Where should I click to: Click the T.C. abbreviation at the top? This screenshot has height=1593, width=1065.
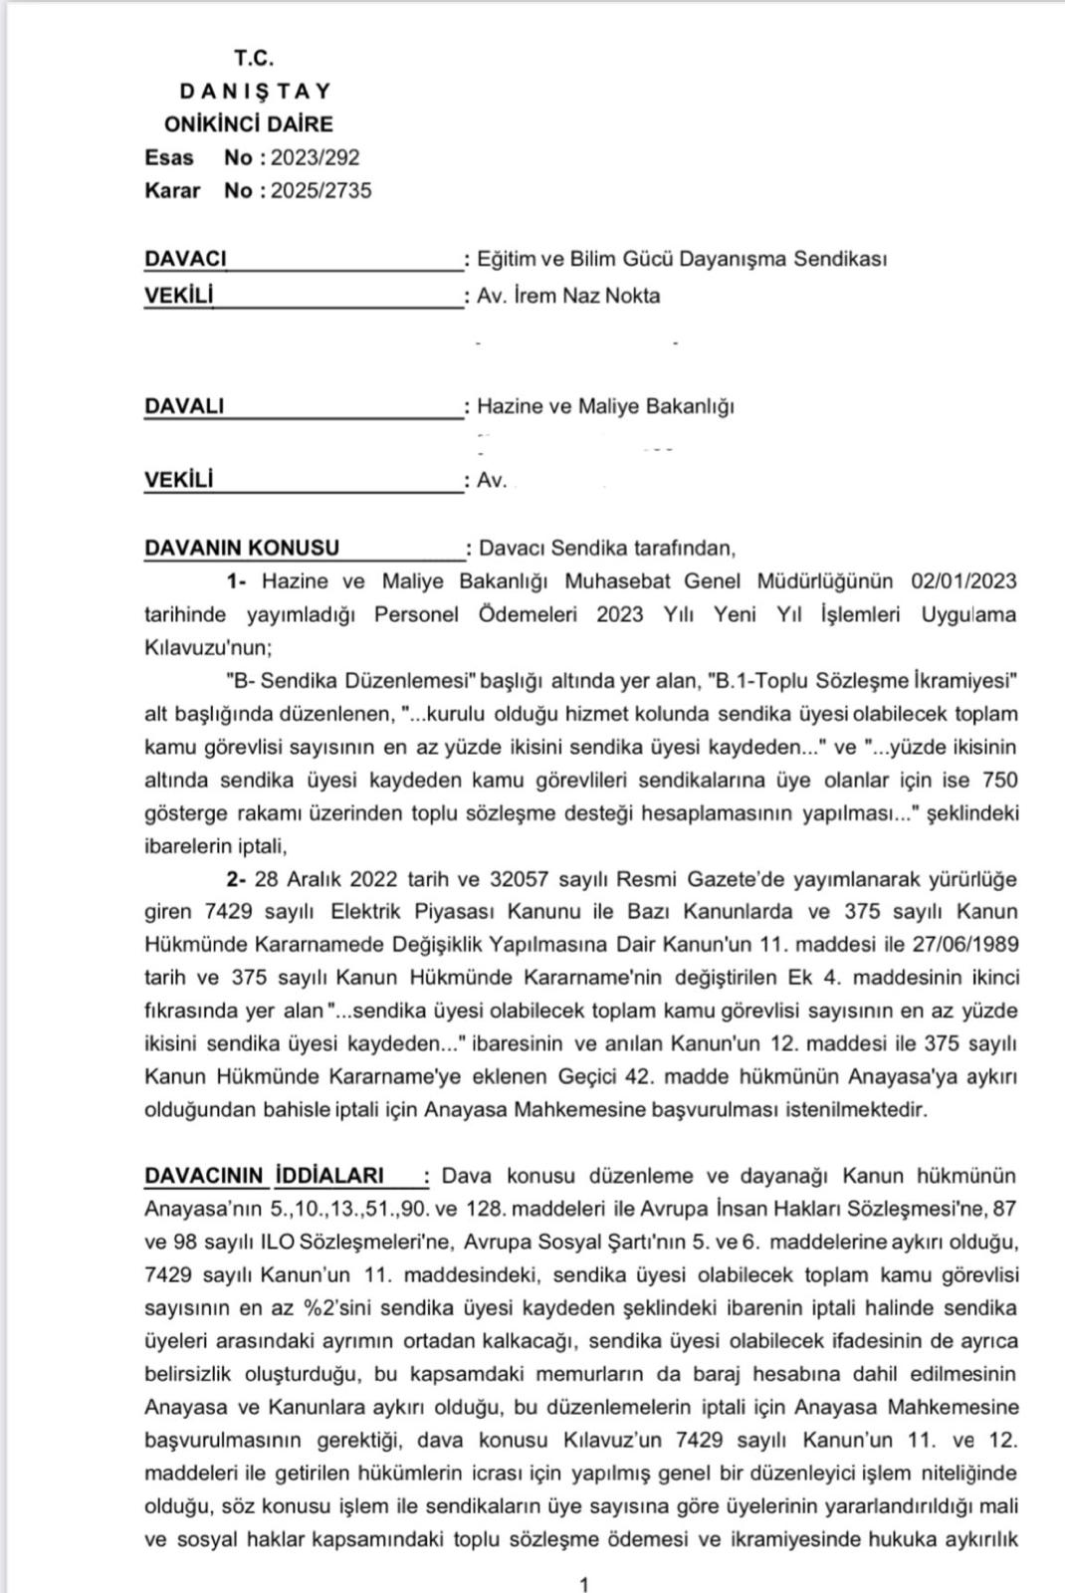(x=254, y=58)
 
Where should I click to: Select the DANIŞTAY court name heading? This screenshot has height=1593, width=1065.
(x=255, y=92)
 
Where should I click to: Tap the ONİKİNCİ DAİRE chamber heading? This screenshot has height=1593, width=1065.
(x=249, y=124)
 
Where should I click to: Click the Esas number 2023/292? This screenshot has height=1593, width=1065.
(x=315, y=157)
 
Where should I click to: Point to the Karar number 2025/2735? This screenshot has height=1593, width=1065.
(x=320, y=190)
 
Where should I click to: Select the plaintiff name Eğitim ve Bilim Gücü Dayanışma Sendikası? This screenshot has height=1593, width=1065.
(x=682, y=259)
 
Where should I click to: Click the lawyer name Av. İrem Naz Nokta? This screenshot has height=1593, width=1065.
(x=568, y=296)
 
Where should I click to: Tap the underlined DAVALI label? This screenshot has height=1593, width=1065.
(x=184, y=406)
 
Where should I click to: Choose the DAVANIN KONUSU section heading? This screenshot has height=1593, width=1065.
(x=242, y=548)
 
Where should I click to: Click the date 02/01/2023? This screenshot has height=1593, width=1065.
(x=963, y=580)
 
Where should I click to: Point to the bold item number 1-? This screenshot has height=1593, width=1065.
(x=236, y=580)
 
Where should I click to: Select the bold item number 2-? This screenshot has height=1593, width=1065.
(x=236, y=879)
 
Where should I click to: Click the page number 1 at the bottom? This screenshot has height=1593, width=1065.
(x=583, y=1584)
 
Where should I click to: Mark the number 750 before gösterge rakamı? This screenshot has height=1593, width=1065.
(x=999, y=780)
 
